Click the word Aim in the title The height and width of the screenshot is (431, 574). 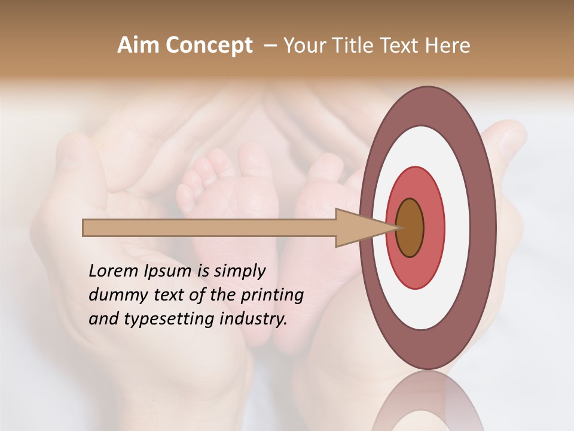point(138,45)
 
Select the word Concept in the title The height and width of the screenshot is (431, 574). point(209,45)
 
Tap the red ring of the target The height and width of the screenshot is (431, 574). point(433,228)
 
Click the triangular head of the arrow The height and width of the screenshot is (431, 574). point(359,228)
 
